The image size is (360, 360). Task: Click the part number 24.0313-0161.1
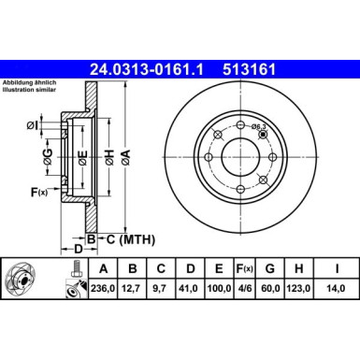pos(147,69)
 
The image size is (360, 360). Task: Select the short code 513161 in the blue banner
pos(249,69)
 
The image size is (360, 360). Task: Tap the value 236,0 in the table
pos(103,289)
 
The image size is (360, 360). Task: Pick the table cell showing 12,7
pos(133,289)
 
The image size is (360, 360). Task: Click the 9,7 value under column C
pos(161,289)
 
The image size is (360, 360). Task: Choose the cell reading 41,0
pos(190,289)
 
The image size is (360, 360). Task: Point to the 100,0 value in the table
pos(219,289)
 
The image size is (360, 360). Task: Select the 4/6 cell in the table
pos(244,289)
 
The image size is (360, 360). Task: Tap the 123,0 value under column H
pos(298,289)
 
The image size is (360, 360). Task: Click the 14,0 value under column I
pos(336,289)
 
